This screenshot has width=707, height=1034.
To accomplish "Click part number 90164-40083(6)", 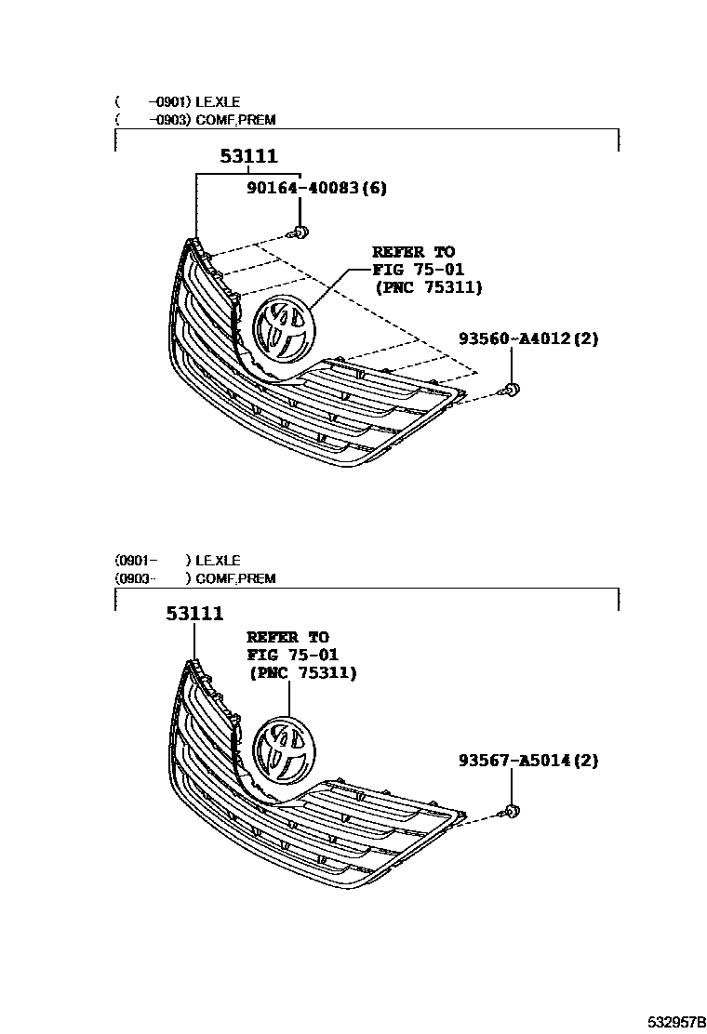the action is [316, 188].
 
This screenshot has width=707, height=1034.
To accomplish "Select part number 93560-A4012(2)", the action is [527, 338].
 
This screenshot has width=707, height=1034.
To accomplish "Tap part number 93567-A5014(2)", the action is [527, 762].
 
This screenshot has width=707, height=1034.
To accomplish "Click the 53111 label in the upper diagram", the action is [248, 157].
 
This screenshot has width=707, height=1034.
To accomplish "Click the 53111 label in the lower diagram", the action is [195, 614].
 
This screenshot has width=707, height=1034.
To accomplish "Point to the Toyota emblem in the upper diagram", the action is [284, 330].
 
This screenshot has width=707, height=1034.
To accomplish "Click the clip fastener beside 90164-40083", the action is [300, 232].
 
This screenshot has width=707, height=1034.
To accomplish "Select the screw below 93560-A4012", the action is [511, 390].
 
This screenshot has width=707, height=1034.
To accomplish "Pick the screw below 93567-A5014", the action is [511, 812].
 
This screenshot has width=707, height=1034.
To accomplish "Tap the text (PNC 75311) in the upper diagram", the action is [429, 288].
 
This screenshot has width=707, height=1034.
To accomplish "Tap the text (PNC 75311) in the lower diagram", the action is [302, 673].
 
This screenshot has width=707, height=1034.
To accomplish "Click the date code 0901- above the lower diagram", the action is [136, 561].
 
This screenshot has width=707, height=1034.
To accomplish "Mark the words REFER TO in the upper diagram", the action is [413, 252].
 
